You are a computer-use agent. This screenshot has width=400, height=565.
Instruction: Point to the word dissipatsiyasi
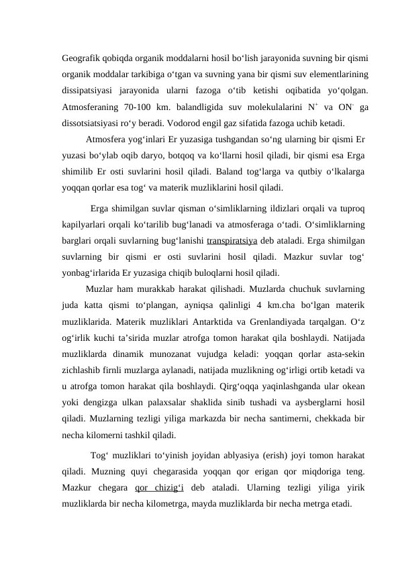(x=86, y=90)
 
